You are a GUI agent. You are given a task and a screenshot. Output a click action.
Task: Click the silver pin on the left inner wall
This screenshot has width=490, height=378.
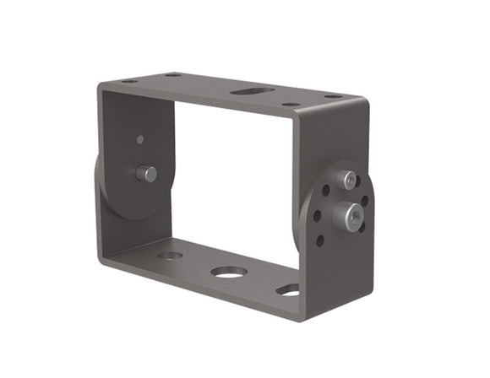coord(145,174)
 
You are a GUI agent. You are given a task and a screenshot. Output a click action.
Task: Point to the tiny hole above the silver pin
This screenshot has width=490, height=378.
coord(140,139)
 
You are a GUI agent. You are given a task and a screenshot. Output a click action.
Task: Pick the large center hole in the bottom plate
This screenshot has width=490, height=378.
coord(229,272)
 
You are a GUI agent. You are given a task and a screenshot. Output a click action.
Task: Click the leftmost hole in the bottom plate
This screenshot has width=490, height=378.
coord(170,255)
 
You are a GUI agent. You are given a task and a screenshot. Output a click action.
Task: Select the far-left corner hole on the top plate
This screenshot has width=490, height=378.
coord(129,82)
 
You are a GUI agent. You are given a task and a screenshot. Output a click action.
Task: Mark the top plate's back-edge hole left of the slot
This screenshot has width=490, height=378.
coord(173,75)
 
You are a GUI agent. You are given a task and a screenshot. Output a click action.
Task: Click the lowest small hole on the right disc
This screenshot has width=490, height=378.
coord(320,240)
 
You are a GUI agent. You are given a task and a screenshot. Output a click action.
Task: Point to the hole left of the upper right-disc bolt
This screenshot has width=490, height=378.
coord(325,190)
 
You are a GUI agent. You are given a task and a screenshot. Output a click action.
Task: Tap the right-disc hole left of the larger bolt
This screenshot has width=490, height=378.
coord(318,215)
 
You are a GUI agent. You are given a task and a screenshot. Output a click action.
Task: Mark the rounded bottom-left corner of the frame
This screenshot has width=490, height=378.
coord(103,262)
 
